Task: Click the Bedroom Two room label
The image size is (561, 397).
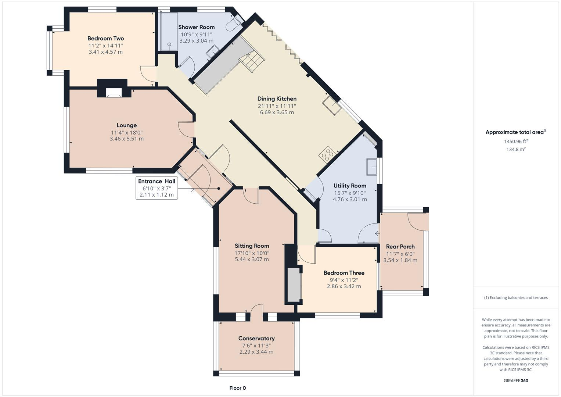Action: coord(105,38)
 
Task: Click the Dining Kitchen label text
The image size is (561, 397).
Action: coord(277,99)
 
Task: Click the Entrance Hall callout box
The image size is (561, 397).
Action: coord(157,188)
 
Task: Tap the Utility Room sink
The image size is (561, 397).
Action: coord(371,167)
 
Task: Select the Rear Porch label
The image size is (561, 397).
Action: coord(400,247)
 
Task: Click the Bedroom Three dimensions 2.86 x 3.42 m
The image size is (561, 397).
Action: coord(344,286)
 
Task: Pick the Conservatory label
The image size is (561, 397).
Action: coord(256,338)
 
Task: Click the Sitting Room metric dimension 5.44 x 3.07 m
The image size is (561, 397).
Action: coord(252,259)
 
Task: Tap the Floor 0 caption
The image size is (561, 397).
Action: coord(237,388)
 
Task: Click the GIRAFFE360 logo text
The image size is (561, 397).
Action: coord(516,380)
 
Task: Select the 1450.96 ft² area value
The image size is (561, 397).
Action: coord(516,141)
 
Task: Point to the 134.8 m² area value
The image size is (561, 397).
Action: coord(516,149)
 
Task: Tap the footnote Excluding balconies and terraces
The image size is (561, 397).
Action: coord(516,298)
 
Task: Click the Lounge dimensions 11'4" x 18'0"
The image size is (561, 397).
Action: coord(127,132)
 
